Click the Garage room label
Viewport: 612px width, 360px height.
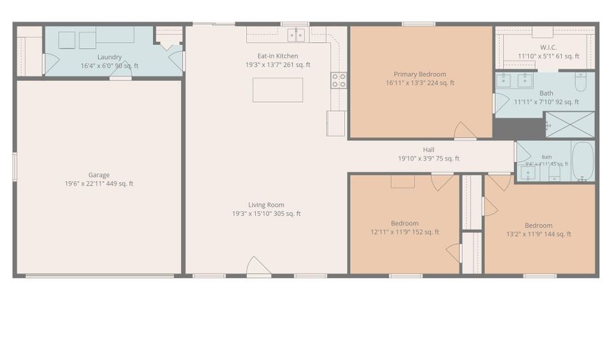coord(99,175)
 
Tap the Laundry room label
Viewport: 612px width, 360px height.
coord(109,57)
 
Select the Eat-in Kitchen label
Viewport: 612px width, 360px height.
coord(277,56)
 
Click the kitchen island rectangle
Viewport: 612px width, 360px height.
coord(277,90)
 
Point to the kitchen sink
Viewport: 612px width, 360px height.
coord(296,35)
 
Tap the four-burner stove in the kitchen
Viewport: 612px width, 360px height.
coord(339,80)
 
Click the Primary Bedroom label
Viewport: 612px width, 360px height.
coord(420,74)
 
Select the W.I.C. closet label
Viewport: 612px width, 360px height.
coord(548,47)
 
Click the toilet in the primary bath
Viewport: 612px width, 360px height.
coord(581,82)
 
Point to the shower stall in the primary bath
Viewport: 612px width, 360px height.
coord(570,124)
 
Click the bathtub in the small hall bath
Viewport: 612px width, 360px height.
coord(583,161)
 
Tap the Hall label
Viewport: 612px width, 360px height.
coord(428,150)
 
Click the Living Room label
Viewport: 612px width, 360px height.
coord(266,205)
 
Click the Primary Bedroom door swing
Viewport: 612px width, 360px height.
coord(464,130)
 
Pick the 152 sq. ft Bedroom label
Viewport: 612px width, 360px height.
coord(405,223)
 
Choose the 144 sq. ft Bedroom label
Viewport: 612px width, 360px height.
coord(539,225)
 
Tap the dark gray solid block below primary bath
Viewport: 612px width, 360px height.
coord(519,128)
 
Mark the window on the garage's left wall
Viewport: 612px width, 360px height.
coord(15,167)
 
